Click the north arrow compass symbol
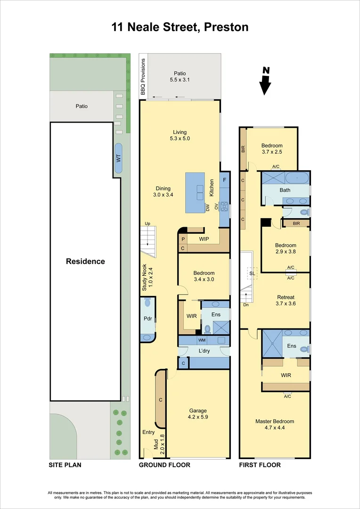[266, 82]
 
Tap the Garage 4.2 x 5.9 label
[198, 414]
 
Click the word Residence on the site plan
[85, 262]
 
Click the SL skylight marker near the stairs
[252, 273]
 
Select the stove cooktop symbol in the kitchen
[225, 206]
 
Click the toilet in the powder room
[147, 303]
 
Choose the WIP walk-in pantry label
[204, 239]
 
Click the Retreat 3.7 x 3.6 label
[286, 300]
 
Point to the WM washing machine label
[202, 340]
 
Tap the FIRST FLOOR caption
[260, 465]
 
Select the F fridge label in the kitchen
[225, 180]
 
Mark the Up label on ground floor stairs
[147, 223]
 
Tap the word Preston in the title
[226, 27]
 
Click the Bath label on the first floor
[285, 190]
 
